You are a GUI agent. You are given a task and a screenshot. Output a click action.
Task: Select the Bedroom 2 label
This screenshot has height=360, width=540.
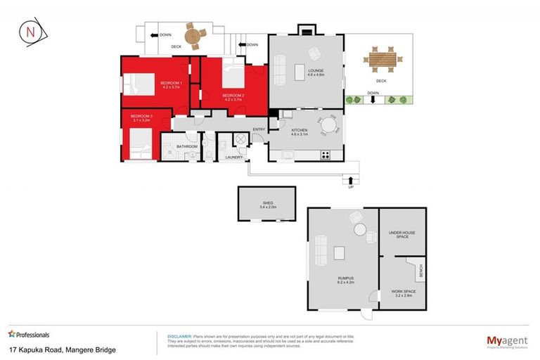(233, 97)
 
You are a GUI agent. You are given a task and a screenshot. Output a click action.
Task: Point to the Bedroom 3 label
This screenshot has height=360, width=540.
(141, 118)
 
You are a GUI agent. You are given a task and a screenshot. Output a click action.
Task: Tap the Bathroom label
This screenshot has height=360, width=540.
(187, 146)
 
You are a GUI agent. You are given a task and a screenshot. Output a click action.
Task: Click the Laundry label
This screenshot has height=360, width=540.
(234, 157)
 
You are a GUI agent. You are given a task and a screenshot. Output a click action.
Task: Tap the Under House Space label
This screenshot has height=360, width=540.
(402, 235)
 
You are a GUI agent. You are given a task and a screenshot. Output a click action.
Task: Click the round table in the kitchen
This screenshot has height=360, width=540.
(328, 126)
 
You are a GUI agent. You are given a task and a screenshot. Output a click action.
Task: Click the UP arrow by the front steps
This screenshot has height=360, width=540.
(350, 181)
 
